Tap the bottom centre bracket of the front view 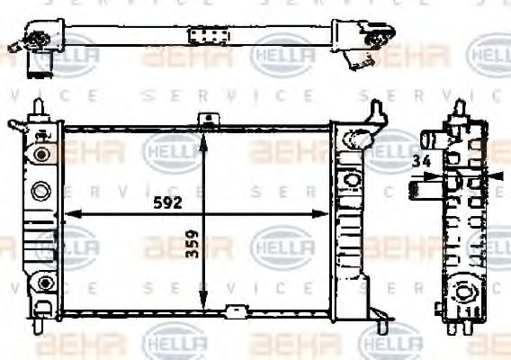(236, 311)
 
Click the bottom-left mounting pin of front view (38, 327)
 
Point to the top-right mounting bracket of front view (376, 112)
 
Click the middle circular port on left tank (40, 191)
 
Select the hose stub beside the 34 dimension (419, 190)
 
